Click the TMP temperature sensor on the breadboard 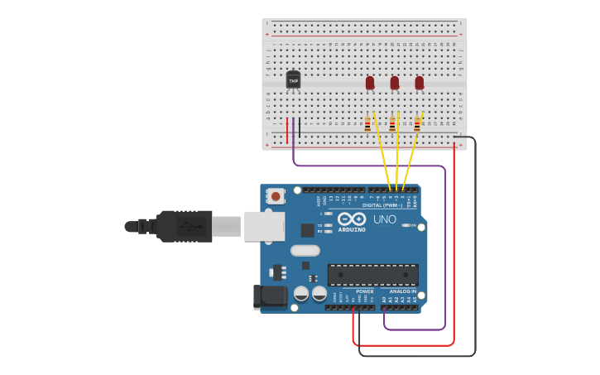point(293,80)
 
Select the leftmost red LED point(370,83)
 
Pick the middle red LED point(395,83)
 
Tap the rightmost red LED point(420,83)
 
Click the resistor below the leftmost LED point(367,125)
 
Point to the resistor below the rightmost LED point(417,125)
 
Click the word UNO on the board point(385,219)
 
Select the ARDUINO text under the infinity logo point(352,229)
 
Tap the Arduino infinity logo point(352,219)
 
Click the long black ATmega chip point(372,275)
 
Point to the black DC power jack point(269,296)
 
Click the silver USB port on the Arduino point(264,226)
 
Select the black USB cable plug point(184,226)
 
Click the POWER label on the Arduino point(365,291)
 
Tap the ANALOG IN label point(403,291)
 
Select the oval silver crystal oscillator point(305,250)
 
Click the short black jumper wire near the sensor point(300,127)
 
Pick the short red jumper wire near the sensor point(287,130)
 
